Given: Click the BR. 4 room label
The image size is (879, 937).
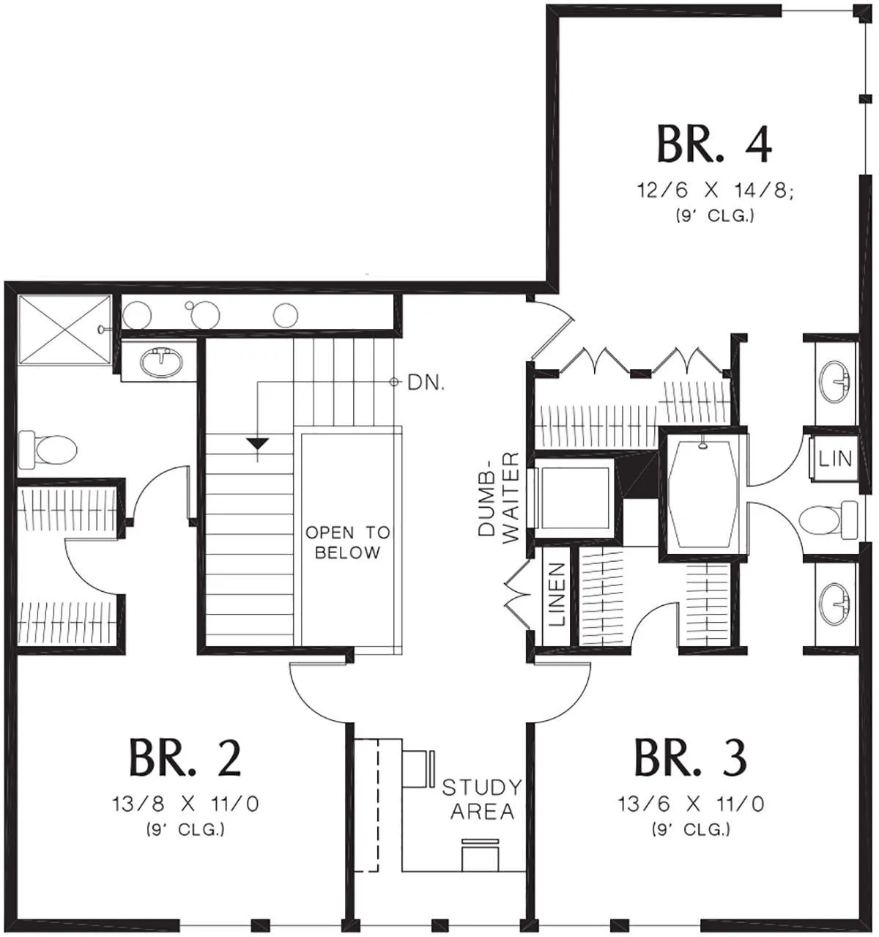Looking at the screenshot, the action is click(x=714, y=144).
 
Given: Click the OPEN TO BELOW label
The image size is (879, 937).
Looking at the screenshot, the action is click(x=348, y=542).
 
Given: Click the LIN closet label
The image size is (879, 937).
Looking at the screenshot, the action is click(x=835, y=458).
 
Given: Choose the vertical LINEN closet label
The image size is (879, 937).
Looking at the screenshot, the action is click(x=557, y=594).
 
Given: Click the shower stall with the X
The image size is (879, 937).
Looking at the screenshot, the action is click(x=64, y=330).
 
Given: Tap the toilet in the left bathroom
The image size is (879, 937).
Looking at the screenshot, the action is click(x=47, y=449).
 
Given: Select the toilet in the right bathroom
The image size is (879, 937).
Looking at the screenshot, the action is click(x=829, y=521).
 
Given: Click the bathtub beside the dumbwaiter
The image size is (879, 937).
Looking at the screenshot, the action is click(x=703, y=492).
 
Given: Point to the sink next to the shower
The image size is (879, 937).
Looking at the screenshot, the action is click(x=161, y=362).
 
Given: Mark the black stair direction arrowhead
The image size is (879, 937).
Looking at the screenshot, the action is click(x=257, y=443).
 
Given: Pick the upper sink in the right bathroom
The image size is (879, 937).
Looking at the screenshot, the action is click(x=834, y=381).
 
